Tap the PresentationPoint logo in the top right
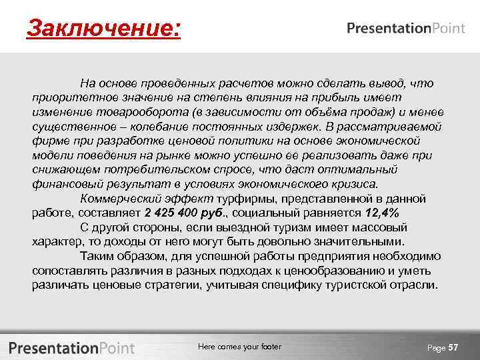[406, 28]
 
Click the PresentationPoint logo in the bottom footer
[71, 347]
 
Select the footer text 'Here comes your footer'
[240, 347]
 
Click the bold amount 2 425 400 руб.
[185, 213]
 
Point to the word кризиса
[351, 184]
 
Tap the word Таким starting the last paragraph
[97, 256]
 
